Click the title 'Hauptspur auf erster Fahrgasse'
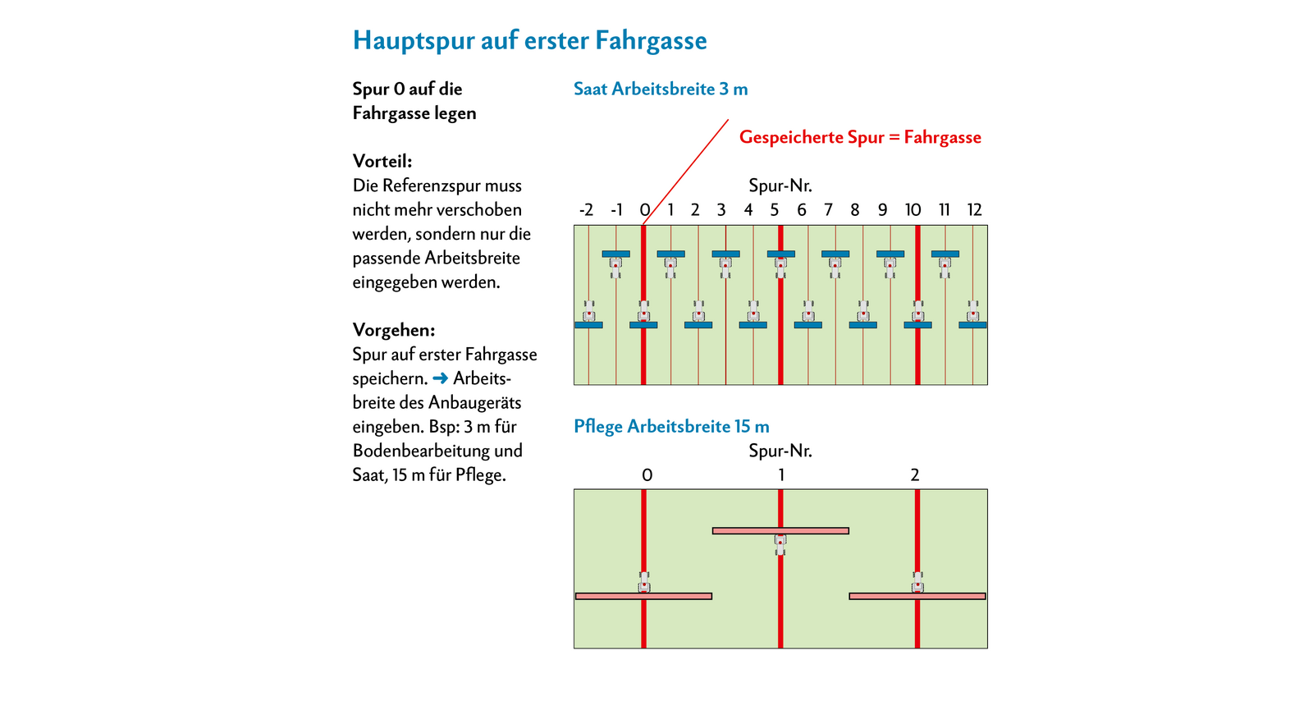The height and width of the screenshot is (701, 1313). (x=529, y=41)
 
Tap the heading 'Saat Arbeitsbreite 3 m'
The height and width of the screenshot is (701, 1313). (x=661, y=89)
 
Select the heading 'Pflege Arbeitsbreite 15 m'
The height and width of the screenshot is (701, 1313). (x=671, y=426)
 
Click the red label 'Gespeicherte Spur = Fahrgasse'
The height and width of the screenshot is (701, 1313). (x=860, y=137)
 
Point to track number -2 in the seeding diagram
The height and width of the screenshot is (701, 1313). (x=586, y=210)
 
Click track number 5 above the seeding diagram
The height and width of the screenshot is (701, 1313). (x=775, y=210)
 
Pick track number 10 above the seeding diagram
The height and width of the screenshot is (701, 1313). (x=913, y=210)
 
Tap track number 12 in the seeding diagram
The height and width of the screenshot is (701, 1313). (x=974, y=210)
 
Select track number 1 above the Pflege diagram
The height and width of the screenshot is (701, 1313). (x=780, y=474)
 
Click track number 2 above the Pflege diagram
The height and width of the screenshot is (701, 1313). (x=915, y=474)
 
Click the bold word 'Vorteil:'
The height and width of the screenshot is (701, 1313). (x=382, y=161)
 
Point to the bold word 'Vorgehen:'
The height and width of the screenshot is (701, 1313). (x=393, y=331)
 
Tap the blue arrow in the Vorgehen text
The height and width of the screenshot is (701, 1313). (x=440, y=378)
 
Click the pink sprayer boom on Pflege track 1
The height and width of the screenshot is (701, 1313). (x=780, y=530)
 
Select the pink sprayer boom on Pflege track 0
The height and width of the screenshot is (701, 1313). (x=643, y=596)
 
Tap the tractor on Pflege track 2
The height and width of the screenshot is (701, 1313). (x=917, y=582)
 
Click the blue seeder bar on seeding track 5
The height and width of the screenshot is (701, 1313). (x=780, y=254)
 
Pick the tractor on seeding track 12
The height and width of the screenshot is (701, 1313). (x=973, y=310)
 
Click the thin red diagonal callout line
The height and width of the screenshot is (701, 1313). (x=685, y=172)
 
